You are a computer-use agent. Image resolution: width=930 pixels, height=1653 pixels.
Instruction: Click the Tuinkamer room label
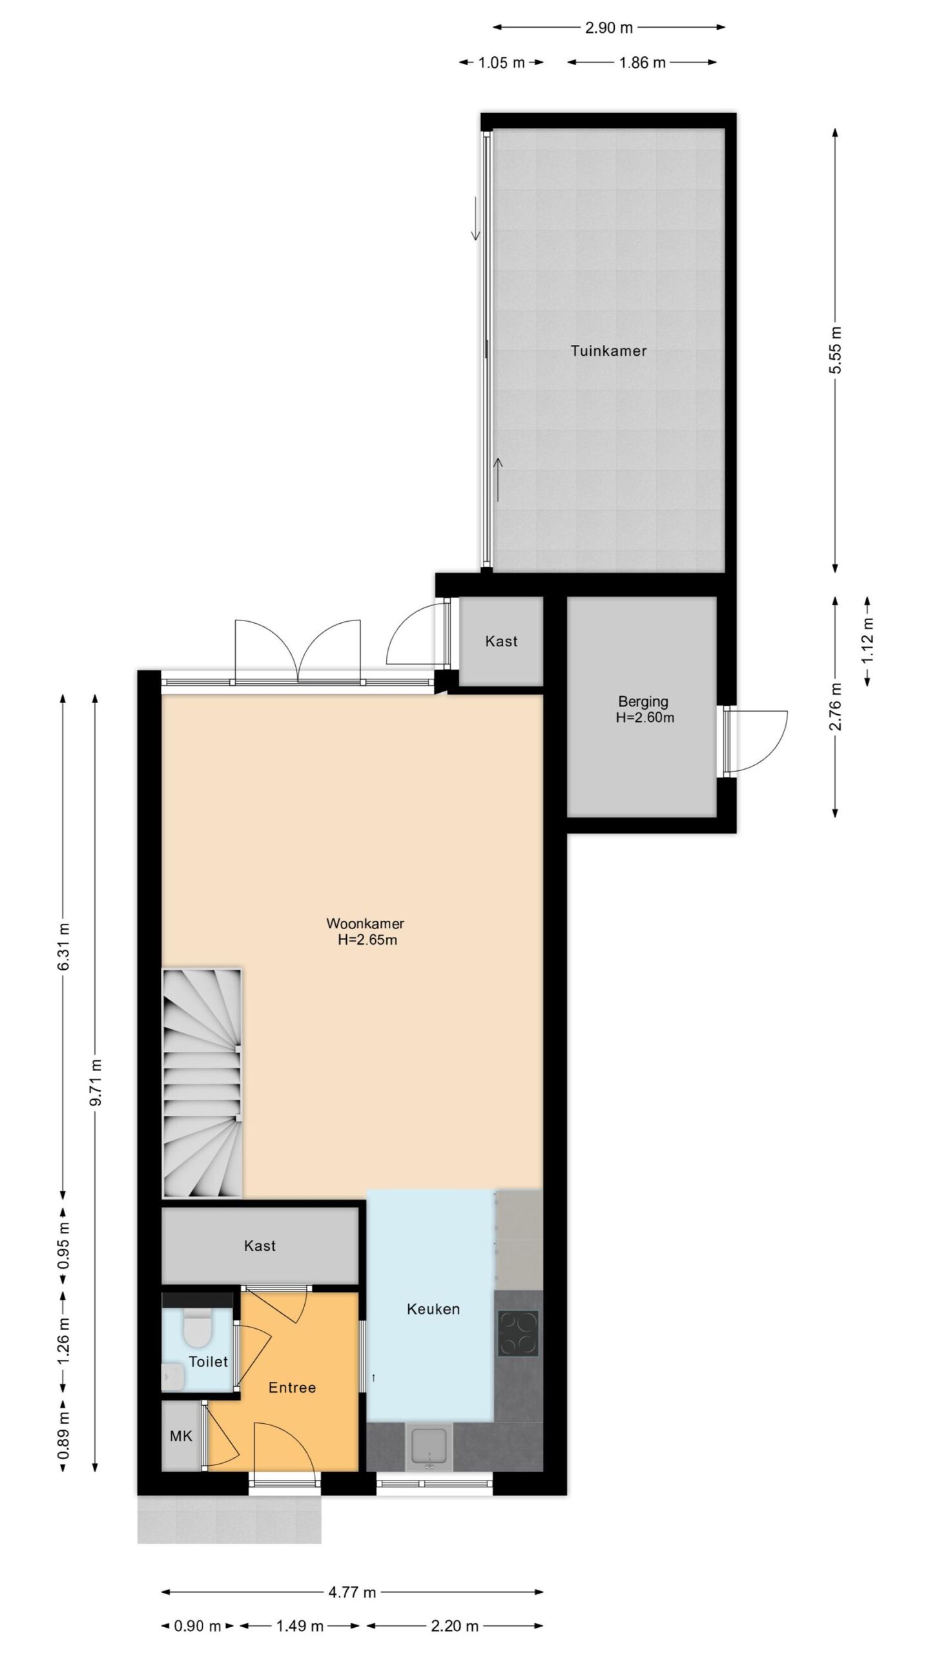pos(608,351)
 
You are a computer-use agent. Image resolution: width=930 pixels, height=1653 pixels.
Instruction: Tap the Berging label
pos(643,701)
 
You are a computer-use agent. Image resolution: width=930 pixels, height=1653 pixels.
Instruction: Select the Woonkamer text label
pos(365,924)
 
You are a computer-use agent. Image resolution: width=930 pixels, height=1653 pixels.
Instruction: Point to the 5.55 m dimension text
pos(836,351)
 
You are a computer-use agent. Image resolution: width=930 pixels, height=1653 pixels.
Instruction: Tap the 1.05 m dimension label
pos(501,63)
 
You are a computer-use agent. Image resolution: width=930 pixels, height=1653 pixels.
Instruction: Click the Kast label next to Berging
pos(501,641)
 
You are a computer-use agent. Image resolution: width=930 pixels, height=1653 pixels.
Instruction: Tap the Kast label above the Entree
pos(260,1246)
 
